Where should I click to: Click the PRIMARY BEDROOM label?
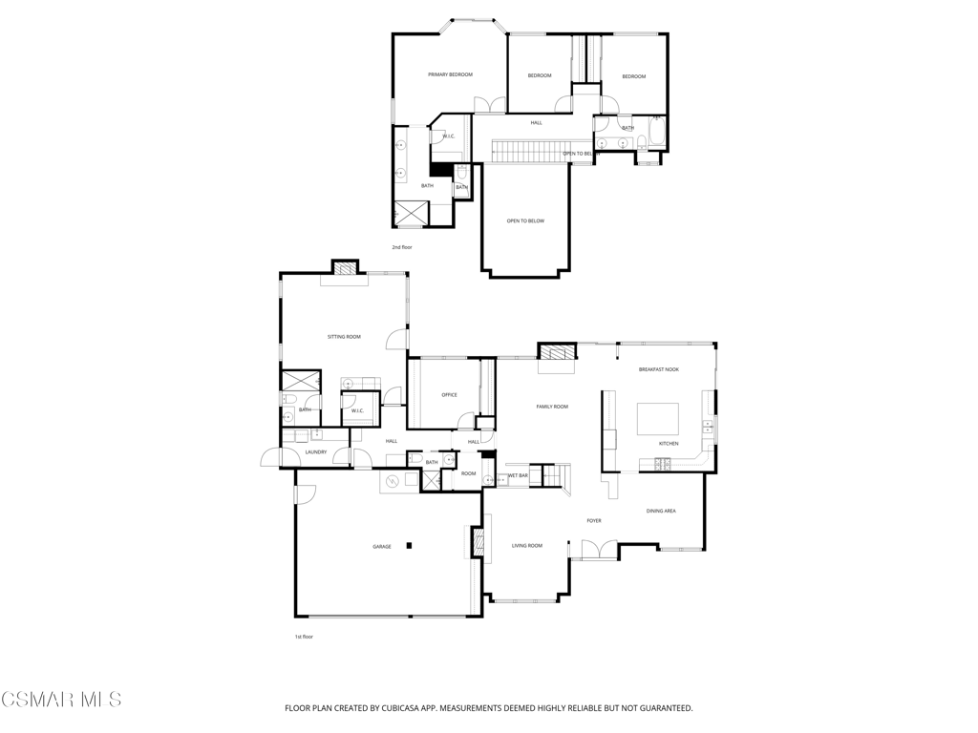pos(450,74)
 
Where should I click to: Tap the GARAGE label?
pos(382,547)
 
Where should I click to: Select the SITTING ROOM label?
pos(344,337)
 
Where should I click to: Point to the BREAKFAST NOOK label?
pos(659,369)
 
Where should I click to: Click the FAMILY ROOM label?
pos(552,407)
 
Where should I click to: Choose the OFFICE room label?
pos(449,395)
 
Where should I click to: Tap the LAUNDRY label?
pos(316,452)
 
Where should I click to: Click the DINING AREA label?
pos(661,512)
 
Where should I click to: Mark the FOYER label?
pos(594,521)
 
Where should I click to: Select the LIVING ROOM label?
pos(527,546)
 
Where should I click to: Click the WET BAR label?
pos(518,475)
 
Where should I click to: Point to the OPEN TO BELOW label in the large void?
pos(525,221)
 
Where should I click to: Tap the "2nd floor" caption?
pos(402,247)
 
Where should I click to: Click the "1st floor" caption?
pos(304,637)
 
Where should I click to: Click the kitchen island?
pos(658,419)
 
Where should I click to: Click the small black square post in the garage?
pos(409,546)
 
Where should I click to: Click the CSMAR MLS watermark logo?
pos(61,700)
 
